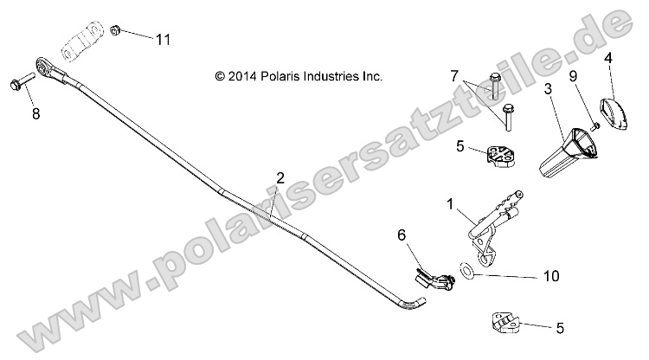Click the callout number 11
pos(164,39)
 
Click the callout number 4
pos(608,58)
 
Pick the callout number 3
pos(548,89)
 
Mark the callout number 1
pos(450,204)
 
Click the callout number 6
pos(401,235)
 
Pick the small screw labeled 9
pos(595,126)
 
